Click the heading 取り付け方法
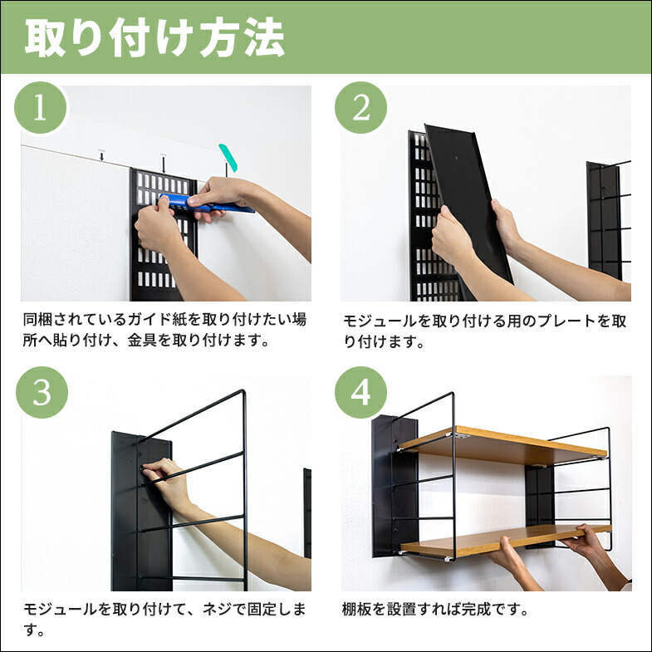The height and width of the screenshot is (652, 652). coord(154,38)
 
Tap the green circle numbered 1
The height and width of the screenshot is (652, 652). coord(40,109)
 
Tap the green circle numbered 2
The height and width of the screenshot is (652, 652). coord(360,109)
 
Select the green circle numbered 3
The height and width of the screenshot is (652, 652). coord(40,393)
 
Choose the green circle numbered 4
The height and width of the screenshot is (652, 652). coord(360,393)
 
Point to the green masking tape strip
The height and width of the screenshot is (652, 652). coord(228,158)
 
